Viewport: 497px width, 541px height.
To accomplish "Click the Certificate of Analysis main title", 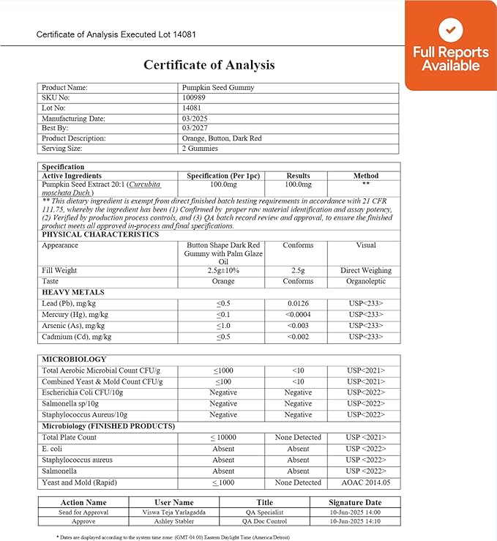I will coord(209,64).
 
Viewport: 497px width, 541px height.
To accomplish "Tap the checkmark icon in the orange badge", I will coord(450,30).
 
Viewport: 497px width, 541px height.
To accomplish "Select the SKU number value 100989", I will coord(194,97).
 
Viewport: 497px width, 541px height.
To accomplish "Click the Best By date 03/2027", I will coord(195,128).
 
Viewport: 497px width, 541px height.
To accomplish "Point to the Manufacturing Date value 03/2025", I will coord(195,118).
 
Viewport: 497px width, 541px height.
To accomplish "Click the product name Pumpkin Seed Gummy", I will coord(217,87).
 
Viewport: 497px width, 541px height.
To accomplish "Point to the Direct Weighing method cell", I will coord(365,270).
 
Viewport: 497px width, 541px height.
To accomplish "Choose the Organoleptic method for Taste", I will coord(365,281).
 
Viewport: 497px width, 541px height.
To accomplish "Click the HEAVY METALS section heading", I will coord(73,292).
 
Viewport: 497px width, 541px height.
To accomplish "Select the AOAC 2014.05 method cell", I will coord(365,482).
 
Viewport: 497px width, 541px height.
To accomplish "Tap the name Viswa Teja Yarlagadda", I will coord(173,513).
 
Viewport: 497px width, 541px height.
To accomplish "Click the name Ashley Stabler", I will coord(173,523).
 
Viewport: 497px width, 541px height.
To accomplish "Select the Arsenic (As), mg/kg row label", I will coord(75,326).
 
